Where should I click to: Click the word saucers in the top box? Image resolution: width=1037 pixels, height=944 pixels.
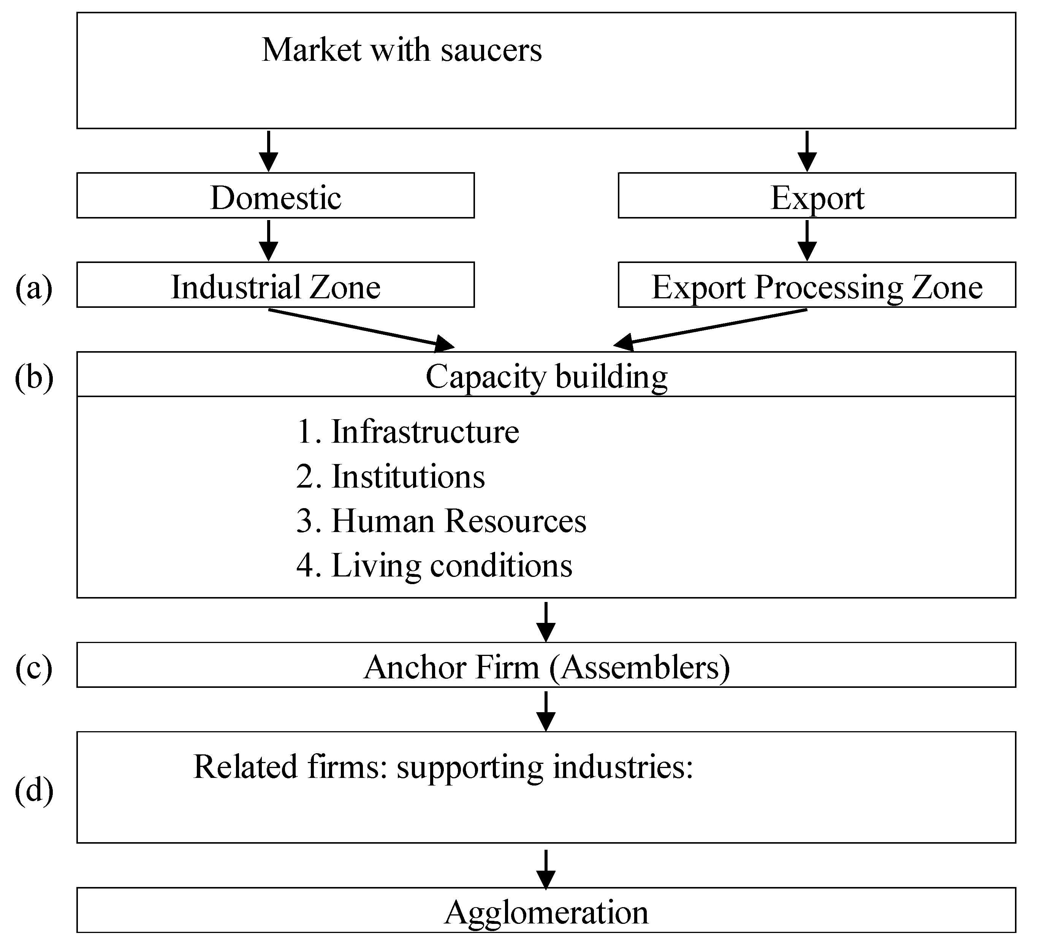tap(491, 51)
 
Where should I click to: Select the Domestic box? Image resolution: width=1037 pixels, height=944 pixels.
tap(276, 196)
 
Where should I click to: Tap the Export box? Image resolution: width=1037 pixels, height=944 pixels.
tap(817, 196)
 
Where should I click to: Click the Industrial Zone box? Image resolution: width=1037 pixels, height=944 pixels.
tap(276, 286)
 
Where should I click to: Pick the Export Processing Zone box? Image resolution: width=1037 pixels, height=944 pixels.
tap(817, 286)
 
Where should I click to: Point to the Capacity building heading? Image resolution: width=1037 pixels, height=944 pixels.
tap(546, 376)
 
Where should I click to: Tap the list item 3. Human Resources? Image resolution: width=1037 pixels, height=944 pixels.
tap(441, 521)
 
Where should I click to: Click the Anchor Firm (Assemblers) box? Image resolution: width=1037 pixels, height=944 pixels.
tap(546, 667)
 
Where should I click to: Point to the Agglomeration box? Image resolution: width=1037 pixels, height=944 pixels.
tap(546, 912)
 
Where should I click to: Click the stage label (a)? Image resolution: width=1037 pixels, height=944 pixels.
tap(34, 287)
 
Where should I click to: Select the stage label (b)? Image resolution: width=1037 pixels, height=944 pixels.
tap(34, 377)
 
